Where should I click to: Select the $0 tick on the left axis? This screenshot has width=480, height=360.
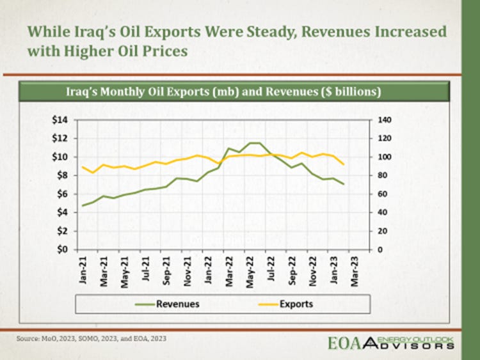pos(61,250)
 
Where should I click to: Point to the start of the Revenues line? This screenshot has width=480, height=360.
pos(83,205)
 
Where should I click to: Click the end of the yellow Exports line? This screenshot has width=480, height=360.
pos(344,165)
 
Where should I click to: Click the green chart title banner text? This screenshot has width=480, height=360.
pos(224,92)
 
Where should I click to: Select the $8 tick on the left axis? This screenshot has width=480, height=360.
pos(61,175)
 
